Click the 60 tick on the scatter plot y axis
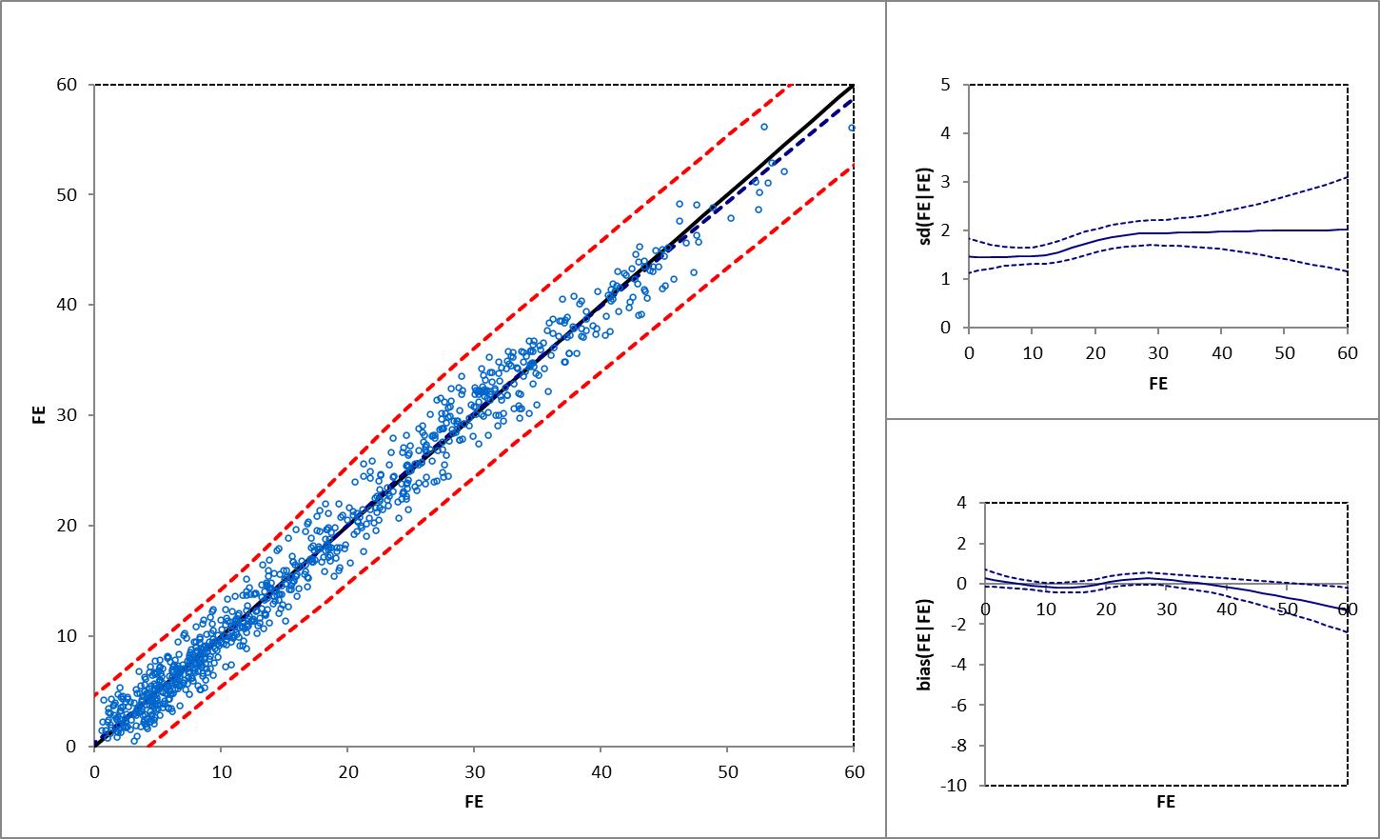[66, 85]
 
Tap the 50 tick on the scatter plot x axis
[727, 771]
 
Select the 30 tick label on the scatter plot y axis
[66, 415]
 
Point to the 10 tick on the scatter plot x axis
[221, 771]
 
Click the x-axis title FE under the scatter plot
[474, 802]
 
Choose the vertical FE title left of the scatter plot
[39, 415]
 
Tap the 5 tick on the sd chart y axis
[945, 85]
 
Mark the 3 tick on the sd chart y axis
[945, 182]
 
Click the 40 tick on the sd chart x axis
[1222, 353]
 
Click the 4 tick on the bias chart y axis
[961, 502]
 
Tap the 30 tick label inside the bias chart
[1166, 609]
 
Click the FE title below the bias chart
[1166, 802]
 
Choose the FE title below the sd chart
[1158, 384]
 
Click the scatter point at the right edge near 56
[852, 128]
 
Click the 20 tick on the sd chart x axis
[1095, 353]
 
